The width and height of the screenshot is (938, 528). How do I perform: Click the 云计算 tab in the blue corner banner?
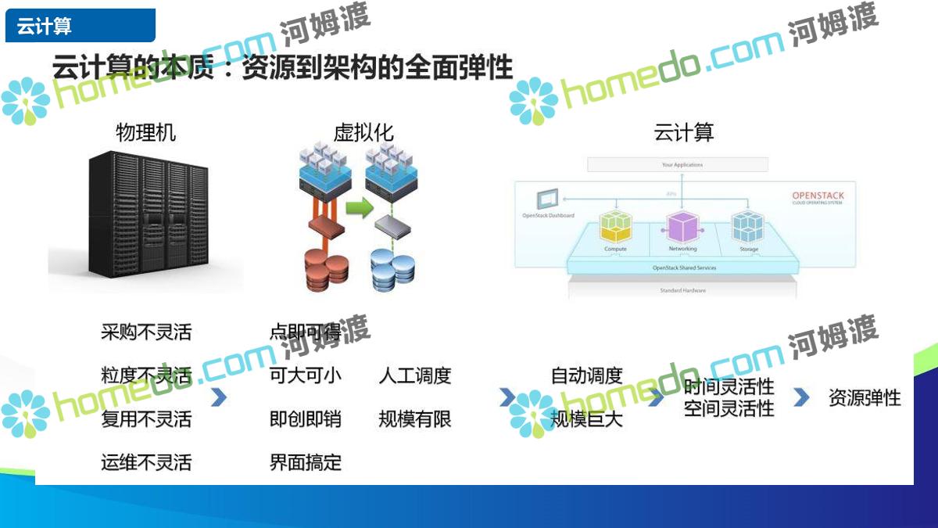click(x=45, y=27)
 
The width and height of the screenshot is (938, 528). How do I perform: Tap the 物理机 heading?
click(x=145, y=132)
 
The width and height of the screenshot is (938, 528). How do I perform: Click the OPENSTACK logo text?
click(x=818, y=196)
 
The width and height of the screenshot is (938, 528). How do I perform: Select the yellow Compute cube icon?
click(x=615, y=226)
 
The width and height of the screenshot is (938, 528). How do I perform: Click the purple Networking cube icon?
click(x=682, y=226)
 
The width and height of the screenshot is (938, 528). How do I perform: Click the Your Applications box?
click(x=678, y=164)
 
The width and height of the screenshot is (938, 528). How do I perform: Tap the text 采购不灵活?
click(x=146, y=332)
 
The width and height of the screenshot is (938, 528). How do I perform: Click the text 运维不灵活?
click(x=146, y=462)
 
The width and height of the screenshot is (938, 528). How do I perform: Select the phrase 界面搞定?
click(x=306, y=462)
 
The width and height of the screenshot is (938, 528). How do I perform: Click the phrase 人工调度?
click(x=415, y=375)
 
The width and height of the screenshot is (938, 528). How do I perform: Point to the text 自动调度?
click(x=587, y=375)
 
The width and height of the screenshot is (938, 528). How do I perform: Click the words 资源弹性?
click(x=865, y=397)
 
